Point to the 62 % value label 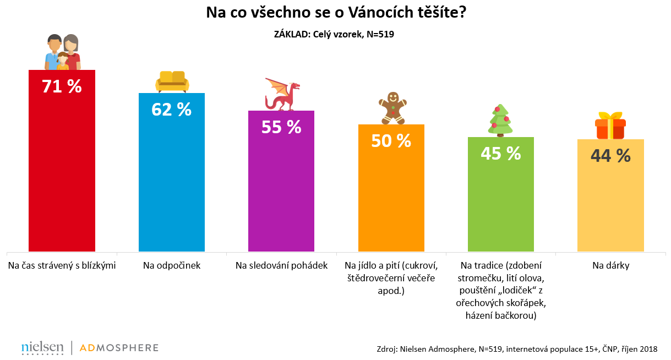[x=171, y=110]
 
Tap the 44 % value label [x=610, y=156]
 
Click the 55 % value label [x=281, y=127]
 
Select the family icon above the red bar [x=62, y=52]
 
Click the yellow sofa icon [x=172, y=81]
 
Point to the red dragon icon [x=282, y=94]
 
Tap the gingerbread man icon [x=392, y=108]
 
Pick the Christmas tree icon [x=500, y=119]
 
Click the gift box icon [x=609, y=126]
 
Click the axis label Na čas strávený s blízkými [x=62, y=266]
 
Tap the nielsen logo [x=42, y=348]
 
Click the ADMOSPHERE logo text [x=119, y=348]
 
